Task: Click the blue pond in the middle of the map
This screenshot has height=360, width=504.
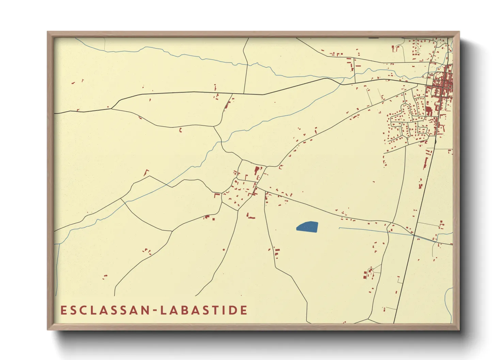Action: coord(307,227)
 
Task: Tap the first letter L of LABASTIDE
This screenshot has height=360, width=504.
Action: coord(163,310)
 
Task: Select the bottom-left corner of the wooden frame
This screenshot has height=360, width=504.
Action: coord(48,329)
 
